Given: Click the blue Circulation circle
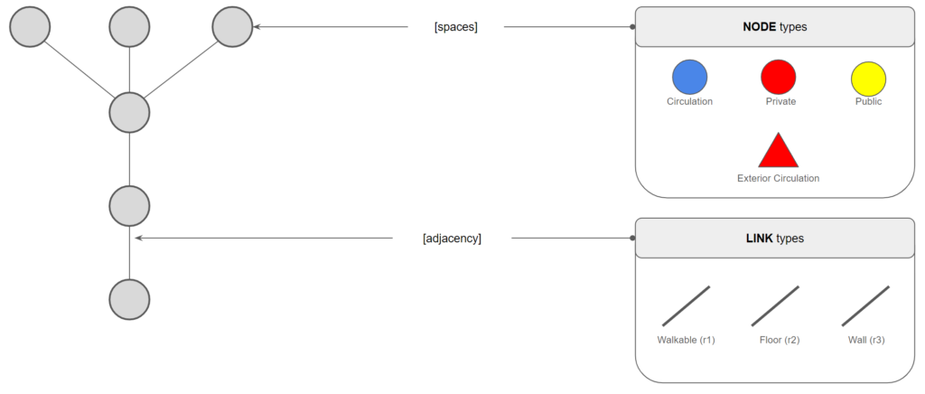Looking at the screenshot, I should pyautogui.click(x=689, y=78).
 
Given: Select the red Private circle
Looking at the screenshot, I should pyautogui.click(x=778, y=78).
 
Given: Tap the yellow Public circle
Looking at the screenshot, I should pyautogui.click(x=868, y=80).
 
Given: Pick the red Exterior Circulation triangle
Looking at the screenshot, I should pyautogui.click(x=778, y=152).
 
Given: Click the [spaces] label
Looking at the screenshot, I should pyautogui.click(x=455, y=27).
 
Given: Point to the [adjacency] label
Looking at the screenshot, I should pyautogui.click(x=452, y=239).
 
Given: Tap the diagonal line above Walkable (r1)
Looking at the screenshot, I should pyautogui.click(x=686, y=305).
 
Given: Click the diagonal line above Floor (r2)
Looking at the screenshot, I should pyautogui.click(x=775, y=305).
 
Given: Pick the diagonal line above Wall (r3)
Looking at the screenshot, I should pyautogui.click(x=865, y=305).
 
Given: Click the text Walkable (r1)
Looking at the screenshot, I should pyautogui.click(x=686, y=341).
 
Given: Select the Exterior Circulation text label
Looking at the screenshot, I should pyautogui.click(x=778, y=178).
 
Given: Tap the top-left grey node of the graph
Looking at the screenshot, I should pyautogui.click(x=29, y=27).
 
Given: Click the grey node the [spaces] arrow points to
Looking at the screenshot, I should pyautogui.click(x=232, y=27).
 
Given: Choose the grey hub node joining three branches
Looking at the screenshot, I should pyautogui.click(x=129, y=113).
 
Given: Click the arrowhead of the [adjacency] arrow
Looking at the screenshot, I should pyautogui.click(x=138, y=239).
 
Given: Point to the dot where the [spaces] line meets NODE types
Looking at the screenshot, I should pyautogui.click(x=632, y=27).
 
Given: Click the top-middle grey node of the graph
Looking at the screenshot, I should pyautogui.click(x=129, y=27).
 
